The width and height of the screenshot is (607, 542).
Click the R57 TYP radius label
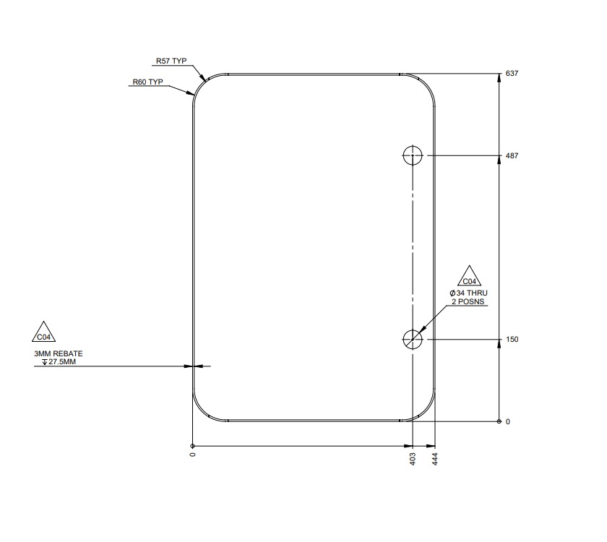(171, 61)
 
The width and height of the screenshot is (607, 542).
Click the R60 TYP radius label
(147, 82)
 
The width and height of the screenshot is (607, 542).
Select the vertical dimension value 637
(513, 74)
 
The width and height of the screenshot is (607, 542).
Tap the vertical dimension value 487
(513, 155)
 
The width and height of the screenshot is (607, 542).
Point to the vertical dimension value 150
(513, 339)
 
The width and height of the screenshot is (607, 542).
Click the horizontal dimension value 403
(413, 459)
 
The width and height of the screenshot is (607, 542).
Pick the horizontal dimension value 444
(435, 459)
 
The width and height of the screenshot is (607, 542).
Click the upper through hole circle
(412, 155)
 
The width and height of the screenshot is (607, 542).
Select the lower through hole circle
(412, 338)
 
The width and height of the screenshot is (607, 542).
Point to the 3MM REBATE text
(59, 353)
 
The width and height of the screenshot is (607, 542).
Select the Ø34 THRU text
(469, 292)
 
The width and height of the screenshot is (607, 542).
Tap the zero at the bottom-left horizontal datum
(193, 455)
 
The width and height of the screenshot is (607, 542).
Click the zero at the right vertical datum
(507, 421)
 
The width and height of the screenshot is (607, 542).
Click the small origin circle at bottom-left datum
(193, 446)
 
